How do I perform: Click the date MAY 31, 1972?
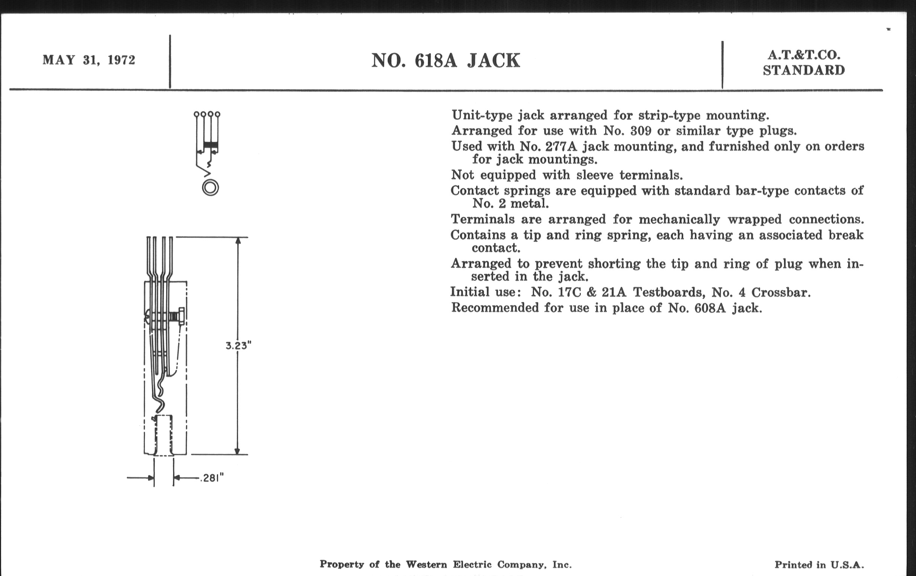89,60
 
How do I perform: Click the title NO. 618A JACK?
446,61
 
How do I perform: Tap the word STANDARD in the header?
804,70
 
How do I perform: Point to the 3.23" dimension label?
238,346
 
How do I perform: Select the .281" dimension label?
212,477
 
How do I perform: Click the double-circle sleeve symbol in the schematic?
211,188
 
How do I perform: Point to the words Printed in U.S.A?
819,565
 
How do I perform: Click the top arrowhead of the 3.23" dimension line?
238,241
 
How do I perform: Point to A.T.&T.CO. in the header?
804,55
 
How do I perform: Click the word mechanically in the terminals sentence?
679,219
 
